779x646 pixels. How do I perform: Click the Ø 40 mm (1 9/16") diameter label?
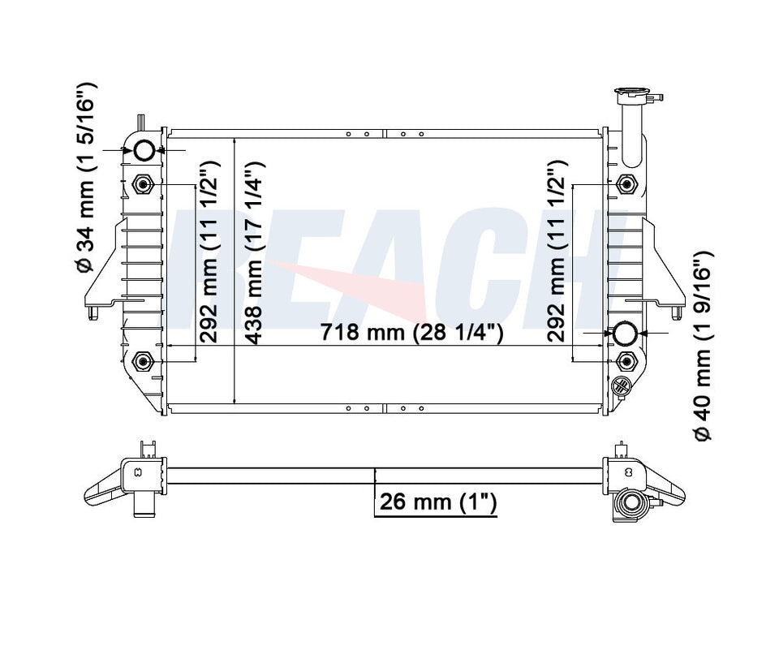(703, 346)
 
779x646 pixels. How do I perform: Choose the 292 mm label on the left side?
(209, 252)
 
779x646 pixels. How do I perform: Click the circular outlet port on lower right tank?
(626, 334)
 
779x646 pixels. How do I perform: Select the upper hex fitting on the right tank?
(626, 183)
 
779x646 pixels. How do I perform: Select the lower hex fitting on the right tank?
(626, 360)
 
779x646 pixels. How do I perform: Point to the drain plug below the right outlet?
(622, 386)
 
